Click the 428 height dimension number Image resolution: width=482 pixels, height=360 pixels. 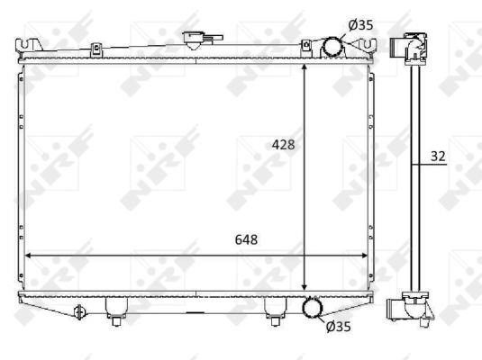[x=283, y=144]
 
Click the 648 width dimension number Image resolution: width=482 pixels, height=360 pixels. [x=246, y=239]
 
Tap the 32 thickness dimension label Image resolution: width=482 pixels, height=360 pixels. [x=438, y=157]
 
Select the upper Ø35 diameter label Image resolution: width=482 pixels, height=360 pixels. [x=360, y=25]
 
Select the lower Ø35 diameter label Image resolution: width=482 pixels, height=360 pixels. [x=338, y=327]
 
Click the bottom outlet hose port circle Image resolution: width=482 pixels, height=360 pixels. [x=313, y=308]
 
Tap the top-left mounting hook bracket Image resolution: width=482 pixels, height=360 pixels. [x=29, y=46]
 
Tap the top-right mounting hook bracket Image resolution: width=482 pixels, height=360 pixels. [x=365, y=45]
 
